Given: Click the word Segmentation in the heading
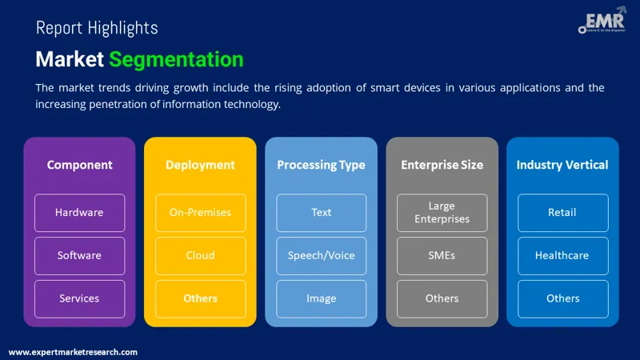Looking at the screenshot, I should click(x=176, y=59).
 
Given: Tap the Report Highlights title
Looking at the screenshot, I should click(x=97, y=28).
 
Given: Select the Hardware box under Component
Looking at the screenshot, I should click(x=79, y=213).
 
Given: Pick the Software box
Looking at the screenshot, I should click(x=79, y=256).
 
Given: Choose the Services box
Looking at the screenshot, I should click(x=79, y=298).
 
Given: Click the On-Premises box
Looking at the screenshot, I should click(x=200, y=213).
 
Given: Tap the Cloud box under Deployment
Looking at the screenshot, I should click(x=200, y=256).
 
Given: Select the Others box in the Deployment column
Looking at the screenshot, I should click(x=200, y=298).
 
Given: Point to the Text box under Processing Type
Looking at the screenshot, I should click(x=321, y=213).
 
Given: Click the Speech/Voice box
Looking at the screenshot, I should click(x=321, y=256).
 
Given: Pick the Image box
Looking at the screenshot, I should click(x=321, y=298).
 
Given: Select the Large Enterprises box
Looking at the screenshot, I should click(x=442, y=213).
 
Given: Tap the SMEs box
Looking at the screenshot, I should click(x=442, y=256).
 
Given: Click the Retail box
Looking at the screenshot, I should click(x=562, y=213).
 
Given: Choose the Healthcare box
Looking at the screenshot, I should click(x=562, y=256).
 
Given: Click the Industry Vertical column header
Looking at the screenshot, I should click(x=562, y=166).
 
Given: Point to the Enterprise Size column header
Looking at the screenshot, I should click(x=442, y=166).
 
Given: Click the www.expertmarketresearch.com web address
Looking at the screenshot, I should click(x=73, y=352).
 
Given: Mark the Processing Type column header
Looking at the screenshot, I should click(x=321, y=166).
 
